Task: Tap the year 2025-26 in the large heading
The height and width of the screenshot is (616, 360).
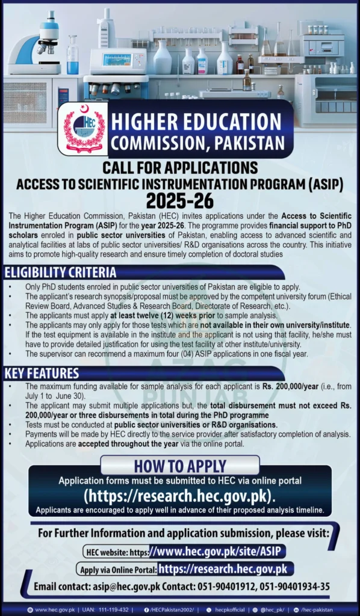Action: click(179, 200)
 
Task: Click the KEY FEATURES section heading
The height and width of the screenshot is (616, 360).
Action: click(42, 373)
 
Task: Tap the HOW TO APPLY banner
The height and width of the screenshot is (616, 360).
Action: click(179, 466)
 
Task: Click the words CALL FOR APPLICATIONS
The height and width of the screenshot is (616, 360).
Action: click(179, 167)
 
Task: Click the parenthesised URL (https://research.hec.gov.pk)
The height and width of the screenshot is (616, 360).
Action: click(179, 496)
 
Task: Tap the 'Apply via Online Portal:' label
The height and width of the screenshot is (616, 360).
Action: click(117, 569)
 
